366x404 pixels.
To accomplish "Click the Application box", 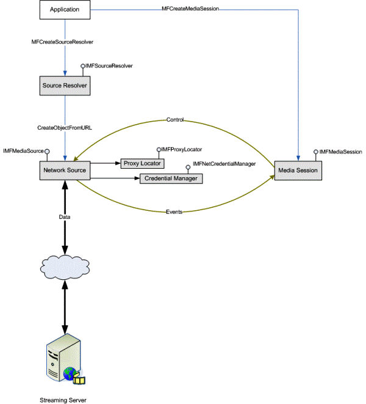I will (64, 10).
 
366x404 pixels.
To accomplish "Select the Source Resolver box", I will (64, 86).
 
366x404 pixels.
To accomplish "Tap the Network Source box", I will (65, 170).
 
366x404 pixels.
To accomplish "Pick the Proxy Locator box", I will (143, 164).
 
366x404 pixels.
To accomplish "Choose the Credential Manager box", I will (171, 178).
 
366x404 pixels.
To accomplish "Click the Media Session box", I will (297, 170).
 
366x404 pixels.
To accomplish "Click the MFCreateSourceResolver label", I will (64, 42).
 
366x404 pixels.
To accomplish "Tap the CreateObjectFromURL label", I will (65, 128).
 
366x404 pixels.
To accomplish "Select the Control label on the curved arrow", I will (175, 120).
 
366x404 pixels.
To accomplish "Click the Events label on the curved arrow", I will (174, 211).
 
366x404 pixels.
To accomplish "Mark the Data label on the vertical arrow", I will (65, 217).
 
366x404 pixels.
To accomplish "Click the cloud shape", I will (65, 266).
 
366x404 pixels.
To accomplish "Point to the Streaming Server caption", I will (63, 400).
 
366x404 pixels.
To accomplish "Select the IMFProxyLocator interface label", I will (181, 149).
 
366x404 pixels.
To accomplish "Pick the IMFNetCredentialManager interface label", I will (224, 164).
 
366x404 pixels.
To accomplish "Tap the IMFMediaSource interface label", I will (23, 150).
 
